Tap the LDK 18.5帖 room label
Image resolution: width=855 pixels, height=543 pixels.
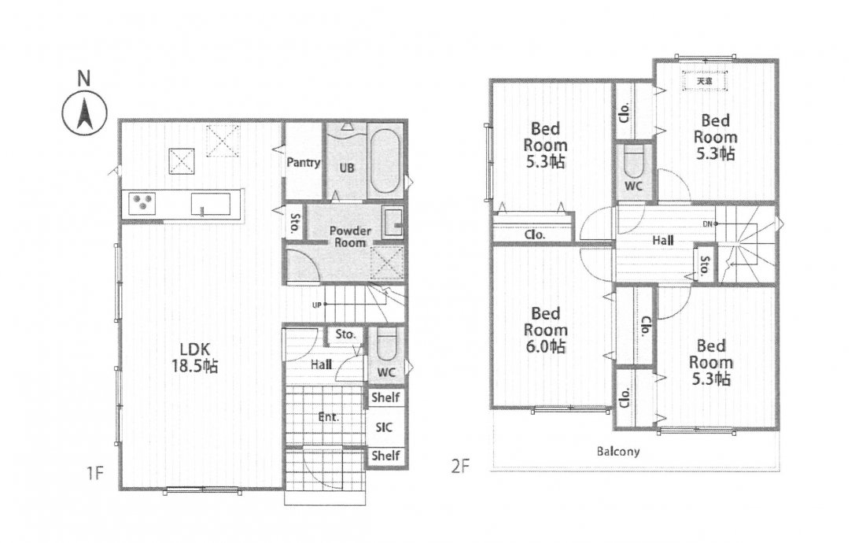[194, 357]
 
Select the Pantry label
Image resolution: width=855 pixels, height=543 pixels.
[303, 162]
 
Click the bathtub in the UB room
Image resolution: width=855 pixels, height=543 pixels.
[385, 160]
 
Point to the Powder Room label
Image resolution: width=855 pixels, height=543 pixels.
[350, 236]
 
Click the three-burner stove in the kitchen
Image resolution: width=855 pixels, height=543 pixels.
[142, 205]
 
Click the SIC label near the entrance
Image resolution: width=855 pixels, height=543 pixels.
[384, 427]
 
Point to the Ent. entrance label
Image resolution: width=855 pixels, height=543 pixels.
[328, 417]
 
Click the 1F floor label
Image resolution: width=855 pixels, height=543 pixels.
[95, 472]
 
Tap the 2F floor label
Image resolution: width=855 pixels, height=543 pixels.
[460, 467]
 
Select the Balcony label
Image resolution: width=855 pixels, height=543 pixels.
[617, 451]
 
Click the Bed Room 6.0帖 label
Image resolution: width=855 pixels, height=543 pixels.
[545, 330]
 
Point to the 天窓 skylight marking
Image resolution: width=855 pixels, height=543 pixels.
[705, 81]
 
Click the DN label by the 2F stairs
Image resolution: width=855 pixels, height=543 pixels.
[707, 223]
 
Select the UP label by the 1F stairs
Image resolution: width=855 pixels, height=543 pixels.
[316, 305]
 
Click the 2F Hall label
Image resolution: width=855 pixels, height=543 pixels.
[663, 240]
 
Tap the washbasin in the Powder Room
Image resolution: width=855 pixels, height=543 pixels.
[392, 222]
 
